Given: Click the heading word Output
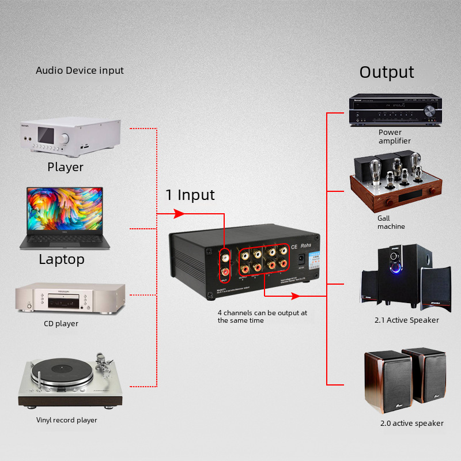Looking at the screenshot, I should pos(387,72).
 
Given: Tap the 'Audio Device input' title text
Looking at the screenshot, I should pos(80,70).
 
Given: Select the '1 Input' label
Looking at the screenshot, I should pos(190,195).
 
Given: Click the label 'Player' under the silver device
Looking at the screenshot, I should pos(65,167).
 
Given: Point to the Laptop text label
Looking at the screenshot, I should pos(62,259).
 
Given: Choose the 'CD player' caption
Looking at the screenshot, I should pos(61,323).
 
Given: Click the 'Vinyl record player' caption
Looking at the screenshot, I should pos(67,420).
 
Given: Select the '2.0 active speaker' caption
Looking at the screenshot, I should pos(411,423).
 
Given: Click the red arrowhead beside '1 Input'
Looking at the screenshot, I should pos(179,214).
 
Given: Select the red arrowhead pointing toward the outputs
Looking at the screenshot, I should pos(296,296).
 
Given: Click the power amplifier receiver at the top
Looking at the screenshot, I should pos(395,111).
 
